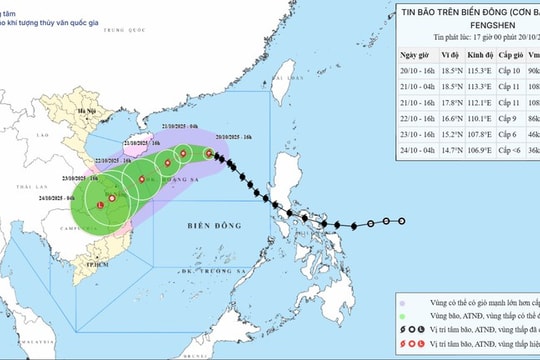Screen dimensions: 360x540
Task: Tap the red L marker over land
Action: pos(99,205)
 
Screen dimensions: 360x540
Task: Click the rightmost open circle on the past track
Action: pos(402,221)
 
